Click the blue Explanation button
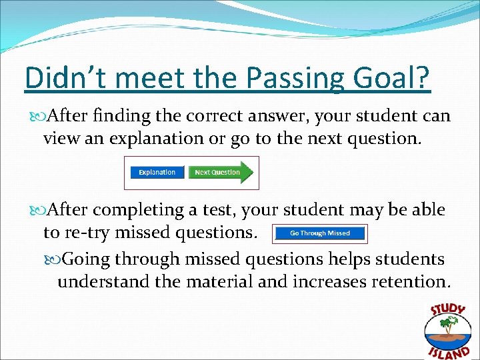tap(157, 173)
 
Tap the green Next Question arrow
tap(219, 173)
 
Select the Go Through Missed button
tap(320, 233)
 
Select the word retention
tap(411, 281)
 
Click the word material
tap(217, 281)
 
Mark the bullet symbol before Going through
tap(64, 257)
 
